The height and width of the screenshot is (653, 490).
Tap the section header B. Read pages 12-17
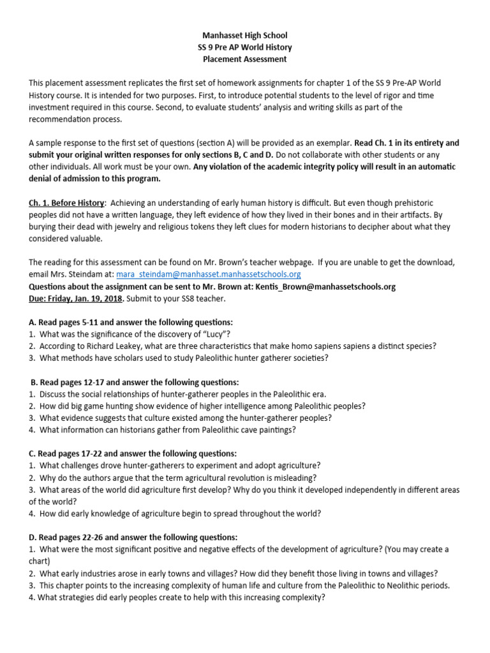tap(135, 383)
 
